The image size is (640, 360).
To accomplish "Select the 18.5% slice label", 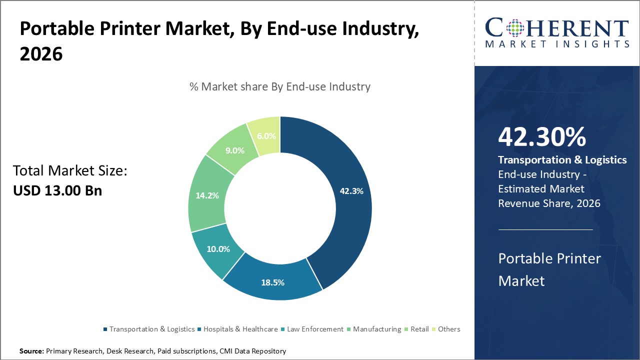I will (x=272, y=282).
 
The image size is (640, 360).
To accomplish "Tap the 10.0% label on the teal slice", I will (x=218, y=249).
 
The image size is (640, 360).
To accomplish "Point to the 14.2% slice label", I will (x=207, y=195).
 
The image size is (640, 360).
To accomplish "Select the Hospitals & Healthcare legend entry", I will (x=240, y=329).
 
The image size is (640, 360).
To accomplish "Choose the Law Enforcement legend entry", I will (x=315, y=329).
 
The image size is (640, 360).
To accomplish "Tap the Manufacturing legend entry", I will (x=377, y=329).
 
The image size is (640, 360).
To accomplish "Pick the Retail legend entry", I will (x=420, y=329).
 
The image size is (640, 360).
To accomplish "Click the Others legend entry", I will (x=449, y=329).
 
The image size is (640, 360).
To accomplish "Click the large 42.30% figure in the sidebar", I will (x=541, y=137).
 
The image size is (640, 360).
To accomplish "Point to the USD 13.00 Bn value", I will (x=57, y=190).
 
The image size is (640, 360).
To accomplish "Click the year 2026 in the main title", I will (x=41, y=54).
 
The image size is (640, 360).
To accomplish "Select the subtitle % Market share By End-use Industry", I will (x=280, y=86).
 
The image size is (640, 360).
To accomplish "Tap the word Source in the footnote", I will (x=31, y=351).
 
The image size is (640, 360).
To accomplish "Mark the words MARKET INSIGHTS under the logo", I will (x=557, y=44).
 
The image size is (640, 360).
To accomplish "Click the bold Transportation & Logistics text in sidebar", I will (x=562, y=160).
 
